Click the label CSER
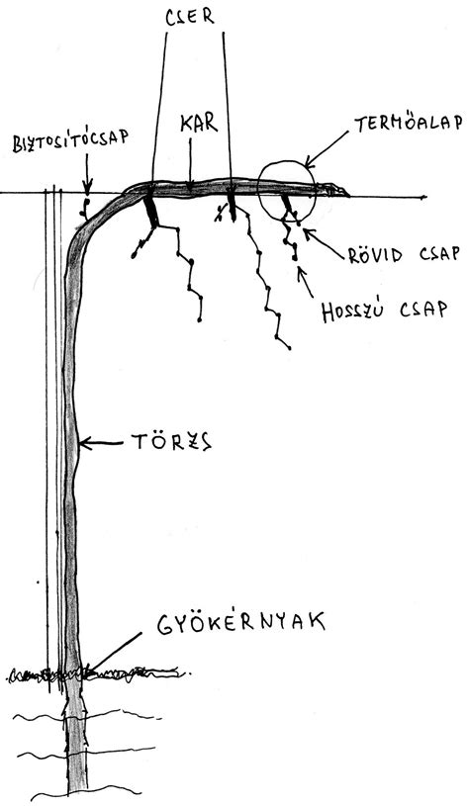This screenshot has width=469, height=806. click(x=190, y=17)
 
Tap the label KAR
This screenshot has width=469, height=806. click(x=199, y=124)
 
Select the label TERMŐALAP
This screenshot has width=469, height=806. click(x=408, y=123)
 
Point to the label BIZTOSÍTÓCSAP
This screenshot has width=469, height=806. click(x=70, y=142)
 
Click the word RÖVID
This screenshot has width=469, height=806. click(x=375, y=254)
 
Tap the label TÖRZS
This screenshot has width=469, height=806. click(x=172, y=442)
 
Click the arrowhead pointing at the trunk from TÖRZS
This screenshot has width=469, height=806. click(x=85, y=443)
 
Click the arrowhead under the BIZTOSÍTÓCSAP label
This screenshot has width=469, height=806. click(x=87, y=185)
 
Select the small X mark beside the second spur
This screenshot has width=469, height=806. click(x=221, y=213)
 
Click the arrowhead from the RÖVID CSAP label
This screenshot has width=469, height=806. click(x=308, y=232)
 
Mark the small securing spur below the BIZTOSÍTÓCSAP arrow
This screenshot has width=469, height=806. click(x=84, y=206)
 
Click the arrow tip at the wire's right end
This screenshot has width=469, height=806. click(x=424, y=197)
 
